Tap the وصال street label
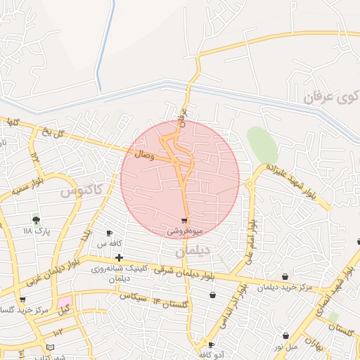coord(143,153)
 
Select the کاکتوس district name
coord(80,189)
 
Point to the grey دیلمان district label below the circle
coord(193,250)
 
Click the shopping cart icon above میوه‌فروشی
coord(184,221)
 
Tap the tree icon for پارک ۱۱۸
coord(37,220)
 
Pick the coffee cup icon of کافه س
coord(109,233)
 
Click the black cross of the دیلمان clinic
coord(119,258)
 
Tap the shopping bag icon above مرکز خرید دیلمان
coord(284,276)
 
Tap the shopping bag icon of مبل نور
coord(286,336)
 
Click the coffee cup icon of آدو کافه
coord(212,345)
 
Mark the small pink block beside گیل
coord(65,301)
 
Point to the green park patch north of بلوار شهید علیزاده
coord(262,145)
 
